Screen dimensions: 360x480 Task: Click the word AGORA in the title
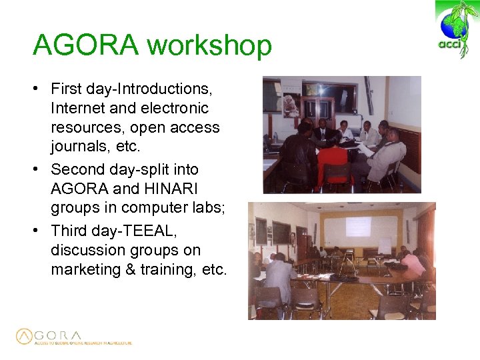point(85,46)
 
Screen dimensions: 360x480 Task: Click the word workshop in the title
point(209,47)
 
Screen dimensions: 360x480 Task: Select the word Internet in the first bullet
point(79,108)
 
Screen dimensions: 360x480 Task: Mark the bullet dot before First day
point(41,89)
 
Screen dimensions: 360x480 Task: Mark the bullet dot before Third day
point(41,230)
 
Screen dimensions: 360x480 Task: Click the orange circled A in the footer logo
point(25,336)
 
